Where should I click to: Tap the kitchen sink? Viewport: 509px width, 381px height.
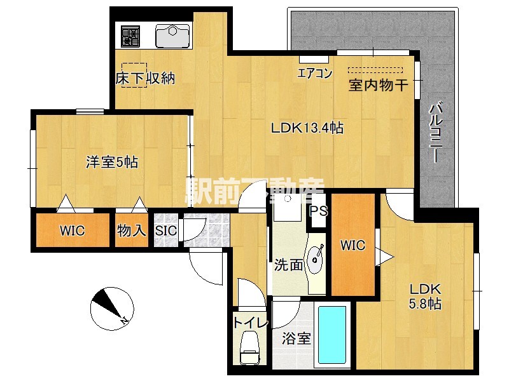coord(173,36)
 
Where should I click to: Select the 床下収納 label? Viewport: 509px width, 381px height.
coord(145,79)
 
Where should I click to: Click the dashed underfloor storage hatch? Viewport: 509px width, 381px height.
coord(134,74)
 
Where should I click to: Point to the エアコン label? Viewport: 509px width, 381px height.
coord(315,73)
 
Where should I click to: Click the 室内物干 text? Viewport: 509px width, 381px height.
coord(377,86)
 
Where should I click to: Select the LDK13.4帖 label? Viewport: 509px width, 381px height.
coord(307,128)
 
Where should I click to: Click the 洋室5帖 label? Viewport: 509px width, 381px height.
coord(112,162)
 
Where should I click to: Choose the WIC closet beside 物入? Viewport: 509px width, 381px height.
coord(73,231)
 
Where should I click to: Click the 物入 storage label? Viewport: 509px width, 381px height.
coord(132,231)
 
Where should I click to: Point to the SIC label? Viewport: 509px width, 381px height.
coord(166,231)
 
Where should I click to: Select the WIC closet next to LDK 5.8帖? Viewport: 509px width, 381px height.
coord(352,245)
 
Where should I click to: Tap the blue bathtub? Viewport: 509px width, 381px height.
coord(331,336)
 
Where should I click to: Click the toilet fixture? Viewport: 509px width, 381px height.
coord(250,348)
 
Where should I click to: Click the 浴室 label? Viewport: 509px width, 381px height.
coord(296,338)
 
